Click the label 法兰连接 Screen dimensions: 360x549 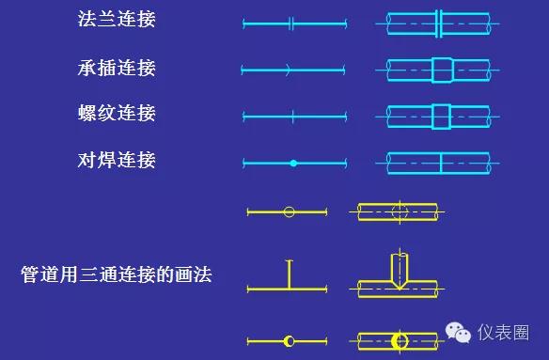point(117,20)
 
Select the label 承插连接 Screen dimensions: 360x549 point(117,68)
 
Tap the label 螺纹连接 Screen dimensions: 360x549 point(117,114)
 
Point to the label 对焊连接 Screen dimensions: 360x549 point(117,160)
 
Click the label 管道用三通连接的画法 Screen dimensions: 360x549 point(117,275)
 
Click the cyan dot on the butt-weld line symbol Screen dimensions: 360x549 point(293,164)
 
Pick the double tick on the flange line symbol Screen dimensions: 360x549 point(291,23)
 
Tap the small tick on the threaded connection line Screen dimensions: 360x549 point(293,117)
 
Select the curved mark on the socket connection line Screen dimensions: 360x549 point(288,69)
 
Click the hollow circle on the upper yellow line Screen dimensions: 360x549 point(289,211)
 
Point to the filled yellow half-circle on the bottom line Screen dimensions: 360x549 point(290,339)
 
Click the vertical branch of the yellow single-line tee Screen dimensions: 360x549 point(290,274)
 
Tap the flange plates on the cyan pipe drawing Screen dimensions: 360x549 point(439,23)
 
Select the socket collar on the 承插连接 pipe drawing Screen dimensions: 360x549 point(442,70)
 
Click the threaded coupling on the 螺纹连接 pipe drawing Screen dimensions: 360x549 point(441,117)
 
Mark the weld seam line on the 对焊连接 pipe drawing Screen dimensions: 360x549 point(441,163)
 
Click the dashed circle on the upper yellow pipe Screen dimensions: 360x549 point(400,211)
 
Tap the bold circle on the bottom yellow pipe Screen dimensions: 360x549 point(400,339)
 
